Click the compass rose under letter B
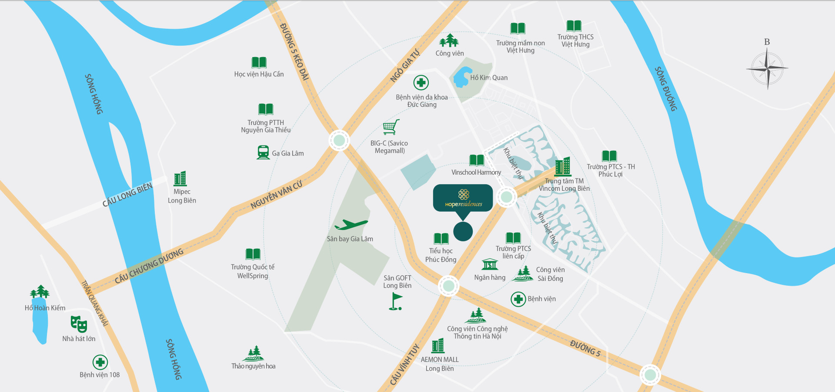click(x=768, y=68)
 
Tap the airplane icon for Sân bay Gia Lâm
click(x=351, y=225)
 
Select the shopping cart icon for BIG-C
click(x=390, y=127)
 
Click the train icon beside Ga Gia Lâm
click(x=263, y=152)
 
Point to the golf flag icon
click(x=395, y=301)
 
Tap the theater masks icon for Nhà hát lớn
click(x=79, y=324)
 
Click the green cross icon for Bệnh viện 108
click(x=100, y=362)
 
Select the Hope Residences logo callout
click(x=463, y=199)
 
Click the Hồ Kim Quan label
click(x=489, y=78)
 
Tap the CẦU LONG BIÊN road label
click(x=127, y=195)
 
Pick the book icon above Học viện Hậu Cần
click(x=259, y=62)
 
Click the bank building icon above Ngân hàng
click(x=490, y=264)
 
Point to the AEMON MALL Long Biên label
click(x=440, y=364)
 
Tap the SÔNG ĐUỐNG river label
click(x=666, y=89)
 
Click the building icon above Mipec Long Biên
click(x=180, y=178)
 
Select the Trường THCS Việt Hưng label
click(x=575, y=41)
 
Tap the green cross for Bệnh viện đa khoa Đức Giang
click(x=421, y=82)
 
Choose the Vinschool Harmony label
click(x=476, y=172)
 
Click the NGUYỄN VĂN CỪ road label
click(x=276, y=195)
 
